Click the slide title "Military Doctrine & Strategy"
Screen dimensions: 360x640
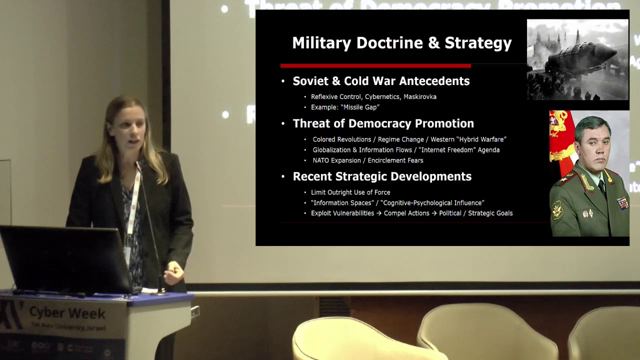[401, 43]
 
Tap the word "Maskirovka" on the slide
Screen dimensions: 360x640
[420, 96]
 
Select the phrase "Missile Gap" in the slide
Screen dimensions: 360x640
[360, 107]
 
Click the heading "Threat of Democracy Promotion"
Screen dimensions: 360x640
[383, 123]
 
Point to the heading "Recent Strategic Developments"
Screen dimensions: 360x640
[382, 176]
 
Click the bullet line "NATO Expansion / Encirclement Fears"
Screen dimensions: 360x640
[368, 160]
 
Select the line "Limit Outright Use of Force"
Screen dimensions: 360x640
[350, 192]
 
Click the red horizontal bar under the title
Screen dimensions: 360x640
[375, 65]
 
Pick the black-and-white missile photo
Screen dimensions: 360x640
[577, 59]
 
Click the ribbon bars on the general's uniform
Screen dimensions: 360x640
[622, 202]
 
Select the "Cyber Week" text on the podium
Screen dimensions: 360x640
[67, 313]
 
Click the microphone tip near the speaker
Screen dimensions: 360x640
[136, 164]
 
